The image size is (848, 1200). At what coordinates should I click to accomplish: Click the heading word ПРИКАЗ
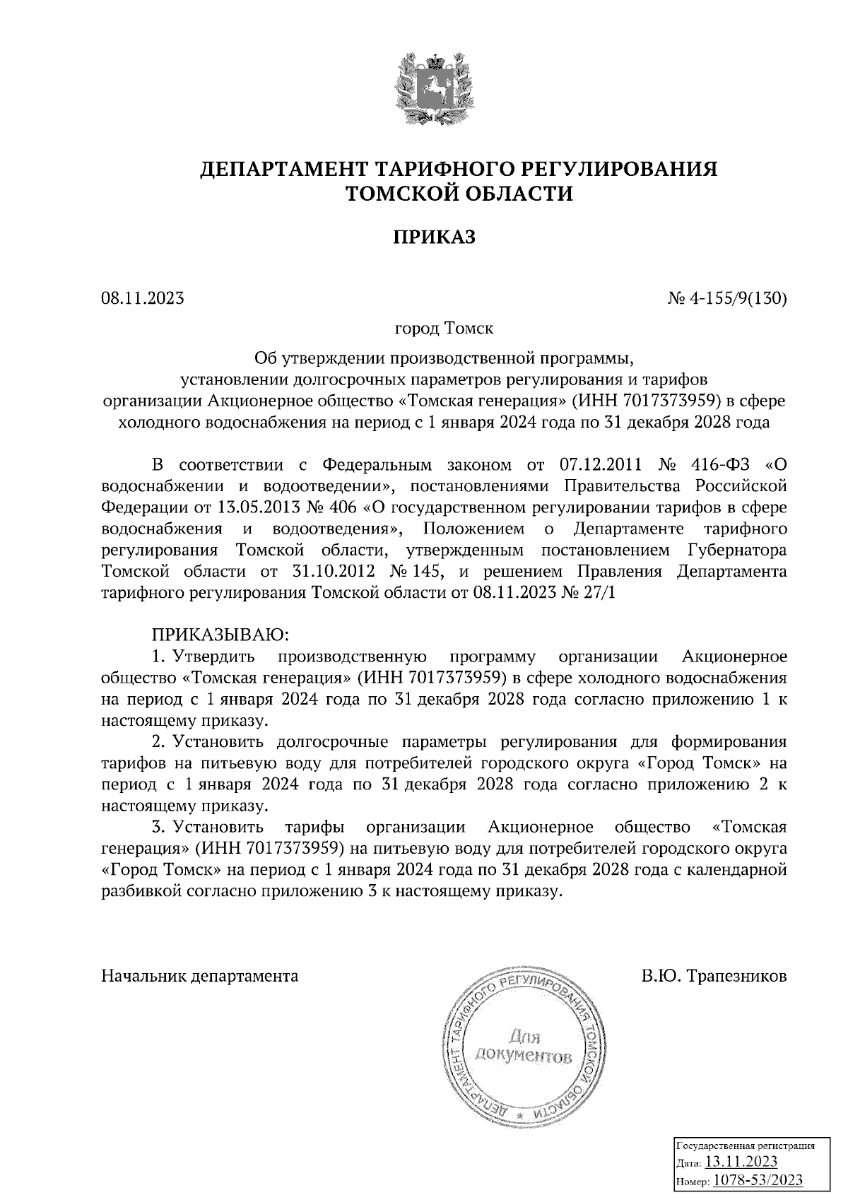434,237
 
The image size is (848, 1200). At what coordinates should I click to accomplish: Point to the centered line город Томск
444,329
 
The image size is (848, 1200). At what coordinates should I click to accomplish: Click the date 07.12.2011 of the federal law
600,466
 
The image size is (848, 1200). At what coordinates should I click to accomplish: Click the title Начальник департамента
200,977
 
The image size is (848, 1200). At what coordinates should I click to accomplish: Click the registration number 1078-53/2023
758,1180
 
